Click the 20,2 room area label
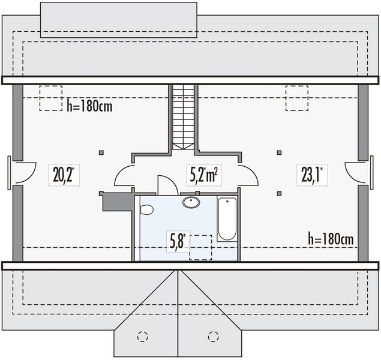pos(63,175)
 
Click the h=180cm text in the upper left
pos(90,107)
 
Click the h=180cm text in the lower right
pos(330,239)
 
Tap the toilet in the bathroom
pos(146,209)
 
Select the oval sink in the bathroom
pos(191,202)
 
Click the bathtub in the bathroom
pos(227,219)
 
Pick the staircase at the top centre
pos(184,116)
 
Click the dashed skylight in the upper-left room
pos(51,98)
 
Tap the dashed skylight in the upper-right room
pos(296,98)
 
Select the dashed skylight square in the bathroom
pos(201,247)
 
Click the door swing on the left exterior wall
pos(23,173)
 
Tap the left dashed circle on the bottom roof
pos(142,336)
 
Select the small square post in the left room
pos(101,152)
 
